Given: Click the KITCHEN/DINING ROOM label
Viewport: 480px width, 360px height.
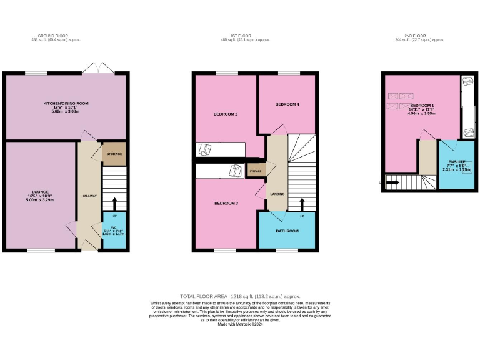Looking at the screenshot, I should coord(66,103).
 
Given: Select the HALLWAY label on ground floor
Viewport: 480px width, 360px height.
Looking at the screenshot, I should coord(89,196).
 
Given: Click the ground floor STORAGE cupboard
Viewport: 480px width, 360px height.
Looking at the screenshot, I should coord(114,154).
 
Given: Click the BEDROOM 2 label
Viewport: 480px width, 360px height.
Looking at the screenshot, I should coord(225,114).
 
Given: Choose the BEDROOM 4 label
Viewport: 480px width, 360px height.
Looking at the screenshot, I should coord(287,104).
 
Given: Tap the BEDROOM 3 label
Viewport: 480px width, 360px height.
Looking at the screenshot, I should coord(226,203).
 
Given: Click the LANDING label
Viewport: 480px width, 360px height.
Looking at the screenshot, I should coord(277,194).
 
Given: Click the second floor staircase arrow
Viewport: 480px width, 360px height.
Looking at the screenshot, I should coord(392,183).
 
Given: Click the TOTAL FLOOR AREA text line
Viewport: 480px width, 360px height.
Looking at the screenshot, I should coord(240,296).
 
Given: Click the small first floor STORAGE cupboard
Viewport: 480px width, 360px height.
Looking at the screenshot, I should coord(255,170).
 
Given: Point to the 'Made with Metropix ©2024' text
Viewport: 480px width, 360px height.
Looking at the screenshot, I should coord(240,322).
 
